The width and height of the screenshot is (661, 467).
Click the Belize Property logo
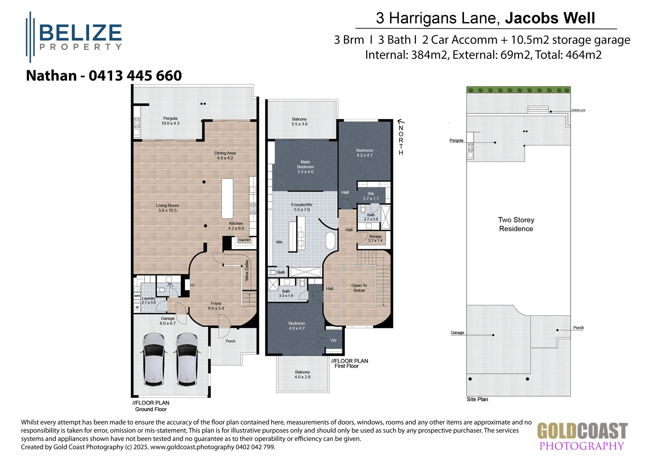pos(74,37)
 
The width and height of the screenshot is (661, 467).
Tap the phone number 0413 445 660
pos(135,76)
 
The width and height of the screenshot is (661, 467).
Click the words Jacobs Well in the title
pos(550,18)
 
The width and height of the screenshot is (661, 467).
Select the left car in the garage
pos(154,359)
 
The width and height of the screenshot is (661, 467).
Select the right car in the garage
pos(187,359)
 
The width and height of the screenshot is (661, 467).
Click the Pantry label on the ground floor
pos(244,240)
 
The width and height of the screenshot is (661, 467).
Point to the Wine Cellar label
pos(247,270)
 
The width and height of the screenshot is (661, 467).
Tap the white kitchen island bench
pos(227,198)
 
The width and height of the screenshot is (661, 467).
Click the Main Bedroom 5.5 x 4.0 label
pos(305,167)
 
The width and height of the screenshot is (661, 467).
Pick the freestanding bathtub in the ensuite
pos(330,240)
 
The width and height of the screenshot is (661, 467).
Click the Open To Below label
pos(359,288)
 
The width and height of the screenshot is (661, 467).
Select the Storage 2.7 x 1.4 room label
pos(375,238)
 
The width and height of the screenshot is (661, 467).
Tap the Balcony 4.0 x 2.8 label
pos(302,374)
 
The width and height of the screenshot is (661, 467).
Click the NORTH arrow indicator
pos(401,137)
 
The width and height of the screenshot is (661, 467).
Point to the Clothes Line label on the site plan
pos(578,110)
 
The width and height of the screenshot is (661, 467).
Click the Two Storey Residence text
pos(516,224)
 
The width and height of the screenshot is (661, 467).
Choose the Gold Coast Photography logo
pos(582,437)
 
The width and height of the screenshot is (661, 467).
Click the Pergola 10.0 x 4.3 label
pos(170,121)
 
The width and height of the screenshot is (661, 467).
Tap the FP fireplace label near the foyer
pos(192,286)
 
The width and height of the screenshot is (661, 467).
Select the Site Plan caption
pos(477,399)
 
